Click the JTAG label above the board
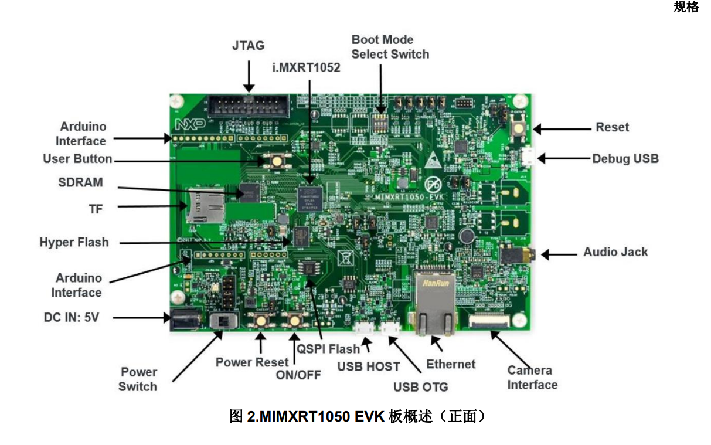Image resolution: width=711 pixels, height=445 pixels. click(x=248, y=45)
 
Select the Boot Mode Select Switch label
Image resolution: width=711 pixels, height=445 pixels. click(x=390, y=47)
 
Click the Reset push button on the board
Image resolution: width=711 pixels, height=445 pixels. click(x=519, y=127)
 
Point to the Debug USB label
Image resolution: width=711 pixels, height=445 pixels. click(x=625, y=158)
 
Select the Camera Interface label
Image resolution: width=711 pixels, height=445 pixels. click(x=532, y=378)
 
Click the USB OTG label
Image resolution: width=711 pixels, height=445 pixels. click(x=420, y=387)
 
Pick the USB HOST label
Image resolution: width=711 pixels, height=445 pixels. click(x=368, y=367)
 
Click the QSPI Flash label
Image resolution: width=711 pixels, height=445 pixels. click(x=328, y=349)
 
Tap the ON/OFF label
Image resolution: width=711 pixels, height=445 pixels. click(x=298, y=375)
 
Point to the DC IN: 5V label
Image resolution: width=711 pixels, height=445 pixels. click(x=72, y=318)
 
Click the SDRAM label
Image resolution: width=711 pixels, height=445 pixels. click(x=80, y=182)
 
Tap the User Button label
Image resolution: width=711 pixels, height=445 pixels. click(x=77, y=159)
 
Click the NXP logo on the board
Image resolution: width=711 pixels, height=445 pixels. click(x=187, y=124)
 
